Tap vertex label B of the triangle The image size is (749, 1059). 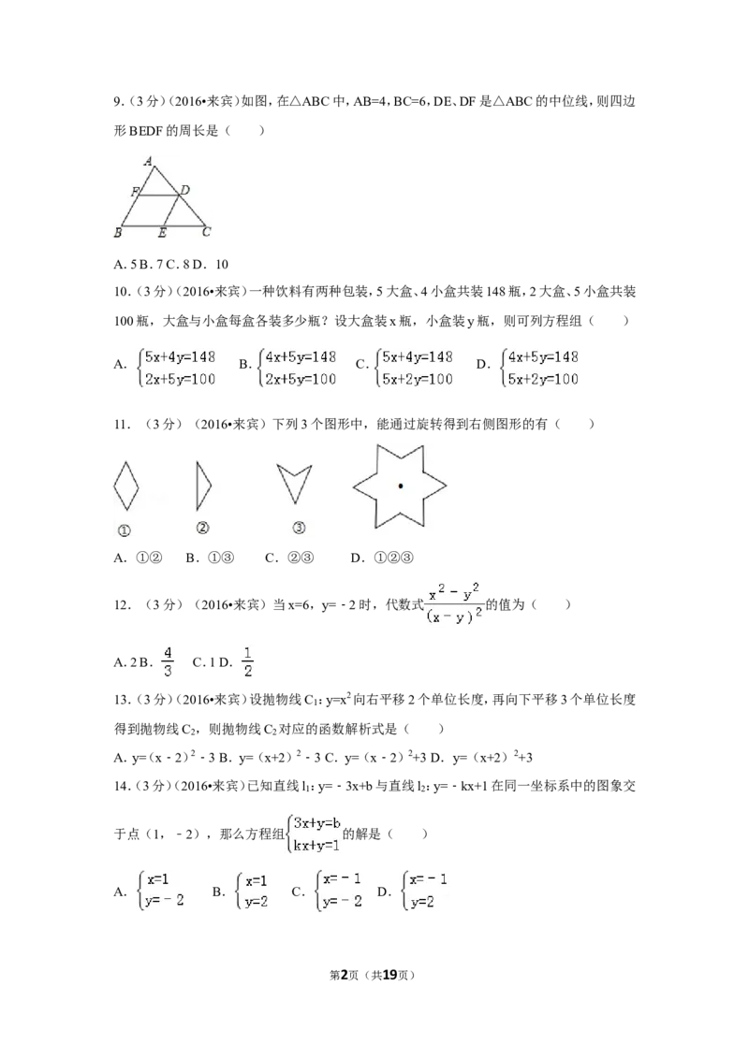pyautogui.click(x=118, y=232)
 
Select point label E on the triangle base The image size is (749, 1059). pyautogui.click(x=162, y=233)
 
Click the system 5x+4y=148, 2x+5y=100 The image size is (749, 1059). pyautogui.click(x=177, y=367)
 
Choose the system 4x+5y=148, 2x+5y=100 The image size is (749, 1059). pyautogui.click(x=297, y=367)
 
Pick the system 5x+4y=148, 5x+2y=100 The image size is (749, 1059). pyautogui.click(x=415, y=367)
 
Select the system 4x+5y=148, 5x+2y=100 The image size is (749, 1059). pyautogui.click(x=542, y=367)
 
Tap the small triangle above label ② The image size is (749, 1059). pyautogui.click(x=202, y=486)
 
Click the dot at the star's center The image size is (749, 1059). pyautogui.click(x=401, y=486)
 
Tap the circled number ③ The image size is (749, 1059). pyautogui.click(x=299, y=529)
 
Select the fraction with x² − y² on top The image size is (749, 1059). pyautogui.click(x=453, y=603)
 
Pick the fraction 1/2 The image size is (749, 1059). pyautogui.click(x=247, y=661)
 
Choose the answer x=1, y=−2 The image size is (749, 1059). pyautogui.click(x=161, y=891)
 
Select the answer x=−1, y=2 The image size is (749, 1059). pyautogui.click(x=426, y=891)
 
